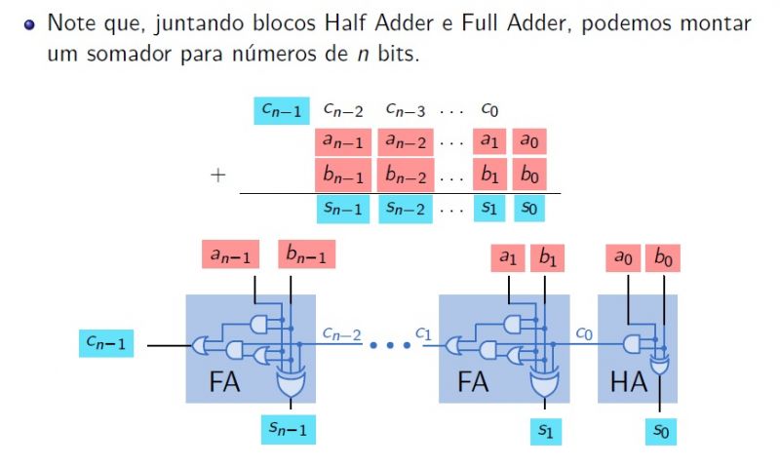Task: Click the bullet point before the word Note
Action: pos(29,22)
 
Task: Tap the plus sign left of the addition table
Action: pos(218,175)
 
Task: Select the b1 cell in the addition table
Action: pos(489,175)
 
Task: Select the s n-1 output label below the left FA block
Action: pos(289,428)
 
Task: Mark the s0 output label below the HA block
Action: pos(664,428)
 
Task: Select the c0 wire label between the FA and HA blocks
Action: pos(583,333)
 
